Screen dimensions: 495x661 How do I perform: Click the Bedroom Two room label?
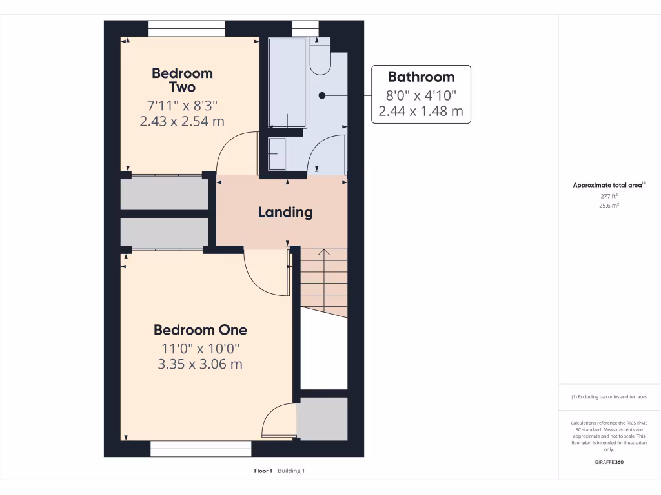click(182, 80)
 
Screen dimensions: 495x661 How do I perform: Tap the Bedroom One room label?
click(200, 330)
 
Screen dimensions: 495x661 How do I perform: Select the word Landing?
click(285, 212)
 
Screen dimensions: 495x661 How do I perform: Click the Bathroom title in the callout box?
click(421, 77)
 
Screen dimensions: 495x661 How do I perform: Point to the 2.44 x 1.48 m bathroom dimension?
click(421, 111)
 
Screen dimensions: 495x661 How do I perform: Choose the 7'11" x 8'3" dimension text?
click(182, 105)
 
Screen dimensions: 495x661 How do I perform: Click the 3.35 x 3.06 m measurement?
click(200, 364)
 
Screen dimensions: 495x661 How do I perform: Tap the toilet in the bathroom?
click(320, 57)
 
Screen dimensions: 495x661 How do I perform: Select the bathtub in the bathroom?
click(288, 83)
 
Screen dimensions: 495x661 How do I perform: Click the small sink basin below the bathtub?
click(278, 153)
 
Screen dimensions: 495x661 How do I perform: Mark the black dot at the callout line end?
click(322, 95)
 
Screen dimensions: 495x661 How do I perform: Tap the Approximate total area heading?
click(609, 185)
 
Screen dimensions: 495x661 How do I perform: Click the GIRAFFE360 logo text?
click(609, 462)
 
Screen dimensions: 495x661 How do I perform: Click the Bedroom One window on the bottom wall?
click(201, 449)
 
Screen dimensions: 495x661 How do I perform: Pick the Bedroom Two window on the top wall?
click(187, 29)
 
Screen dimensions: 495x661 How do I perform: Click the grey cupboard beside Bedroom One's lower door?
click(322, 419)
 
